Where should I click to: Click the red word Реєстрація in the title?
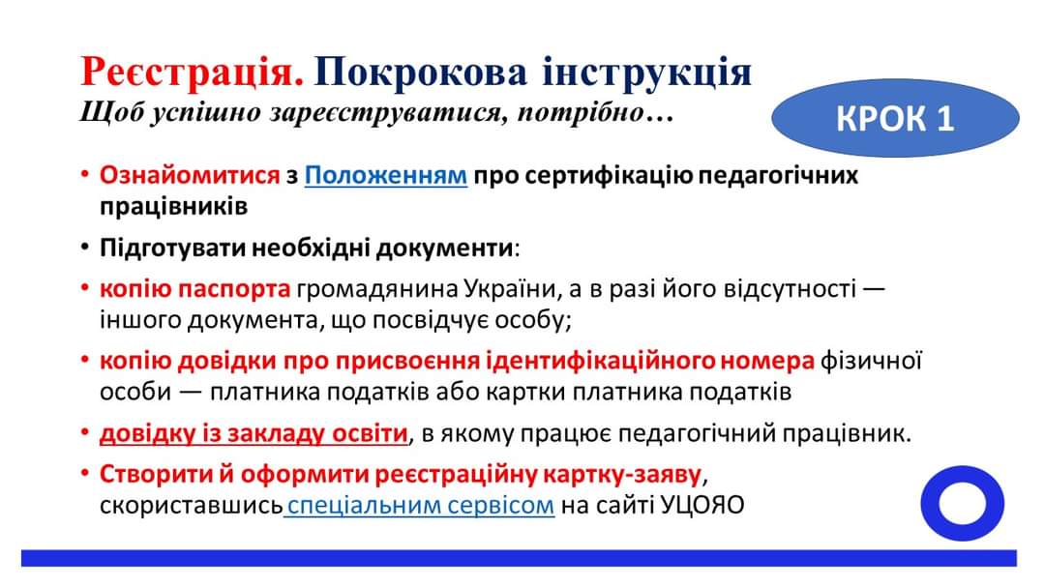click(192, 72)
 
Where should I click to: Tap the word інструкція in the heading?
click(647, 72)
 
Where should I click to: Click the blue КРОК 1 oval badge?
click(895, 118)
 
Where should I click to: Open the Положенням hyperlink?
click(386, 175)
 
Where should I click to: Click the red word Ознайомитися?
click(190, 175)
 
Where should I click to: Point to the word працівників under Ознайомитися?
click(173, 206)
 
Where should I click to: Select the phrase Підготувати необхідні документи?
click(307, 249)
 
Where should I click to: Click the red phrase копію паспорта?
click(194, 289)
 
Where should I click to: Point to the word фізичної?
click(871, 361)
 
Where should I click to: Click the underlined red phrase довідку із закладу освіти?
click(254, 433)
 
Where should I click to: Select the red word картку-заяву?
click(622, 474)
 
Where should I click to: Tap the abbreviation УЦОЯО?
click(702, 506)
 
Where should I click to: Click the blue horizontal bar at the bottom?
click(520, 558)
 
